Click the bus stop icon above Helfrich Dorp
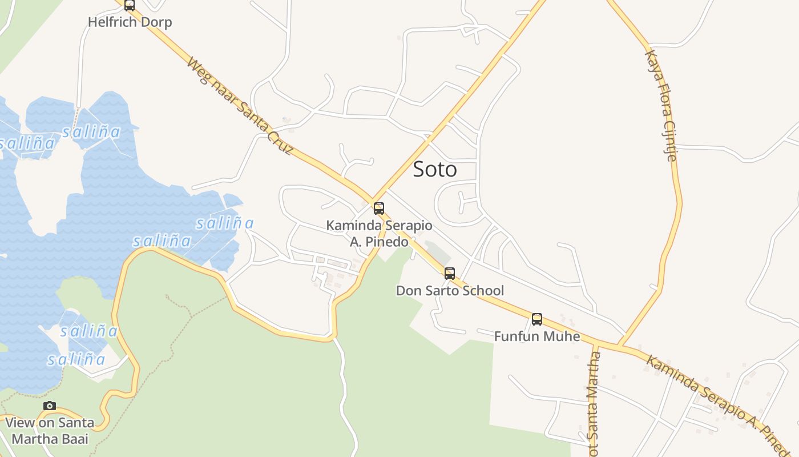(130, 6)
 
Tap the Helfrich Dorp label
(130, 22)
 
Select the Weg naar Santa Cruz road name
(239, 106)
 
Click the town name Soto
(435, 169)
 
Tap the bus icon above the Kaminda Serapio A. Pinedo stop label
(379, 209)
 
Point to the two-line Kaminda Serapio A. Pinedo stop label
(379, 234)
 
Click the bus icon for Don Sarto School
(450, 274)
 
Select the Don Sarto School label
(450, 291)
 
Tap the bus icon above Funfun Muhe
(537, 319)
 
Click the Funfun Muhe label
(537, 336)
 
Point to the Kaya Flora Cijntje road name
(661, 106)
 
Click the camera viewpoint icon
(50, 406)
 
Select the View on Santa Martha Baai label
(50, 431)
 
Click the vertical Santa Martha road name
(594, 403)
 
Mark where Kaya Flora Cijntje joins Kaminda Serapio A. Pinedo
(619, 347)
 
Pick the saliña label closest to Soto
(225, 223)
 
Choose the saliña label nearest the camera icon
(76, 359)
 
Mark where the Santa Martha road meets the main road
(595, 344)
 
